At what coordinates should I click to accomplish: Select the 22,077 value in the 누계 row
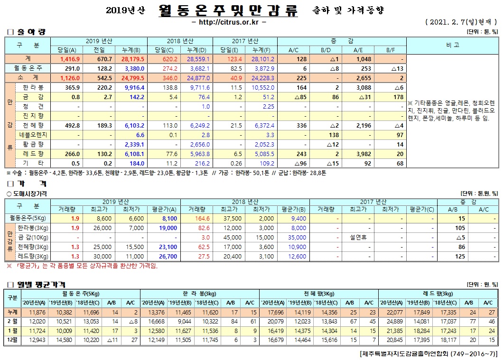[x=392, y=312]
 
